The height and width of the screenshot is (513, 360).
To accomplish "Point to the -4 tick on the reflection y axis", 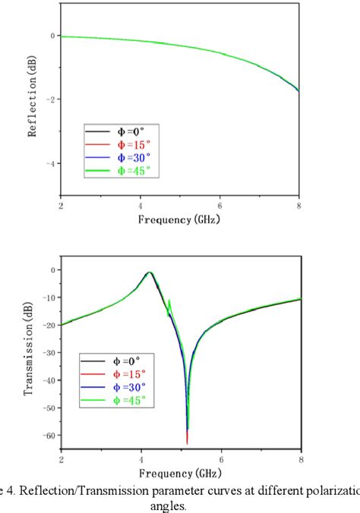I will point(51,164).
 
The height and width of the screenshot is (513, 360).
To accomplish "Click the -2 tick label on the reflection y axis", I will point(51,99).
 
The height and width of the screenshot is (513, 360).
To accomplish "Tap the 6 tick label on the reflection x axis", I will point(220,206).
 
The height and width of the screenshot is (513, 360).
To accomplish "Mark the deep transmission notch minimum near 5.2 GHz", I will point(187,442).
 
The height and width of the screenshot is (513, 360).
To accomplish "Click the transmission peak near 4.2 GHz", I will point(150,272).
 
